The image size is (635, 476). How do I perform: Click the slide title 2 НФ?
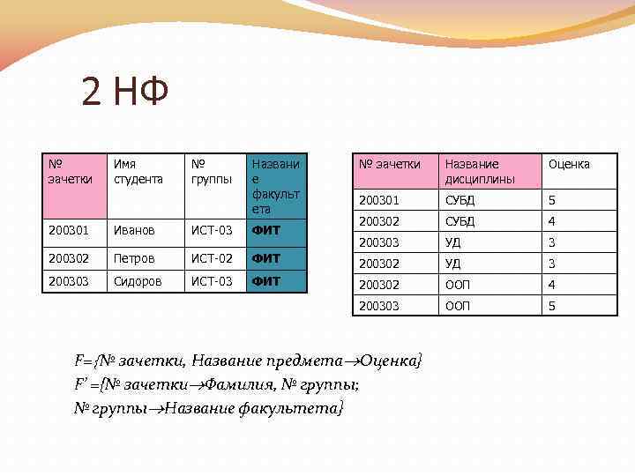click(x=124, y=92)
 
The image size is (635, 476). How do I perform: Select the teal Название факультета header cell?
click(x=276, y=186)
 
